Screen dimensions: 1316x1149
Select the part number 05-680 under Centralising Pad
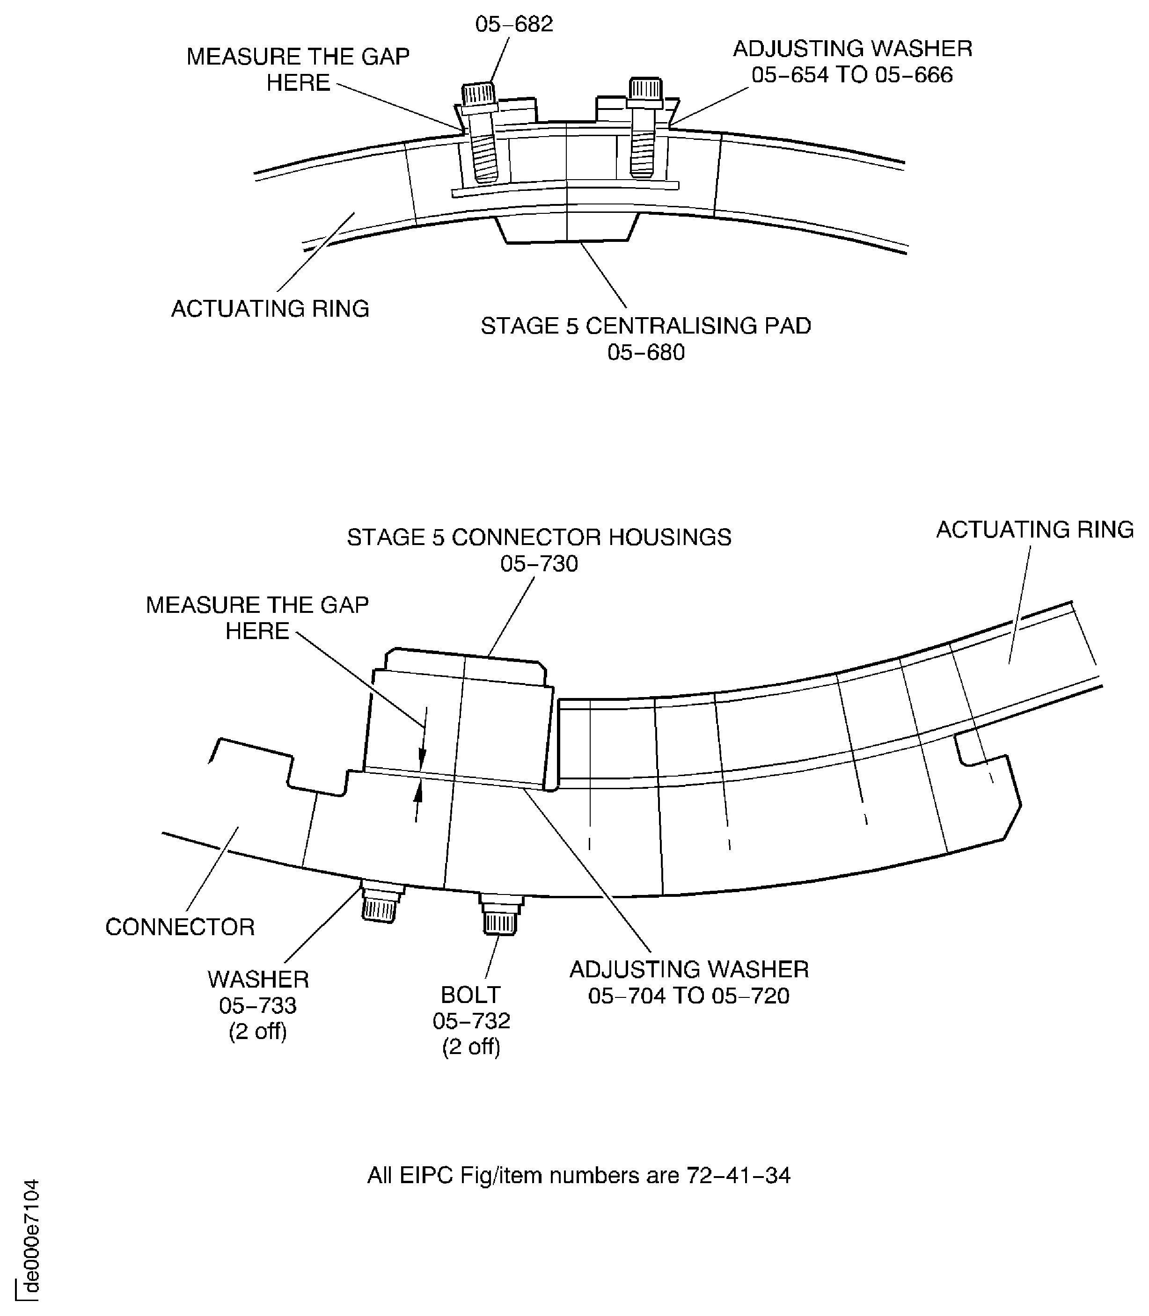646,353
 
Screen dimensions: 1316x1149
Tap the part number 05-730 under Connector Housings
539,564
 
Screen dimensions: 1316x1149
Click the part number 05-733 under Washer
258,1006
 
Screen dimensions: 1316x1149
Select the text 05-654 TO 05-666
852,76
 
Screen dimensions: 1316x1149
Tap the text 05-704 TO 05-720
688,996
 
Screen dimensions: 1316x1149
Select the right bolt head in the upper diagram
645,90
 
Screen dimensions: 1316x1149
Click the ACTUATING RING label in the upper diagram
270,309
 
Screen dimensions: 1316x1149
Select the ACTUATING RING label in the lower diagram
1034,530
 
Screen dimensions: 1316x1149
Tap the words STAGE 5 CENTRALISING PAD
646,326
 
